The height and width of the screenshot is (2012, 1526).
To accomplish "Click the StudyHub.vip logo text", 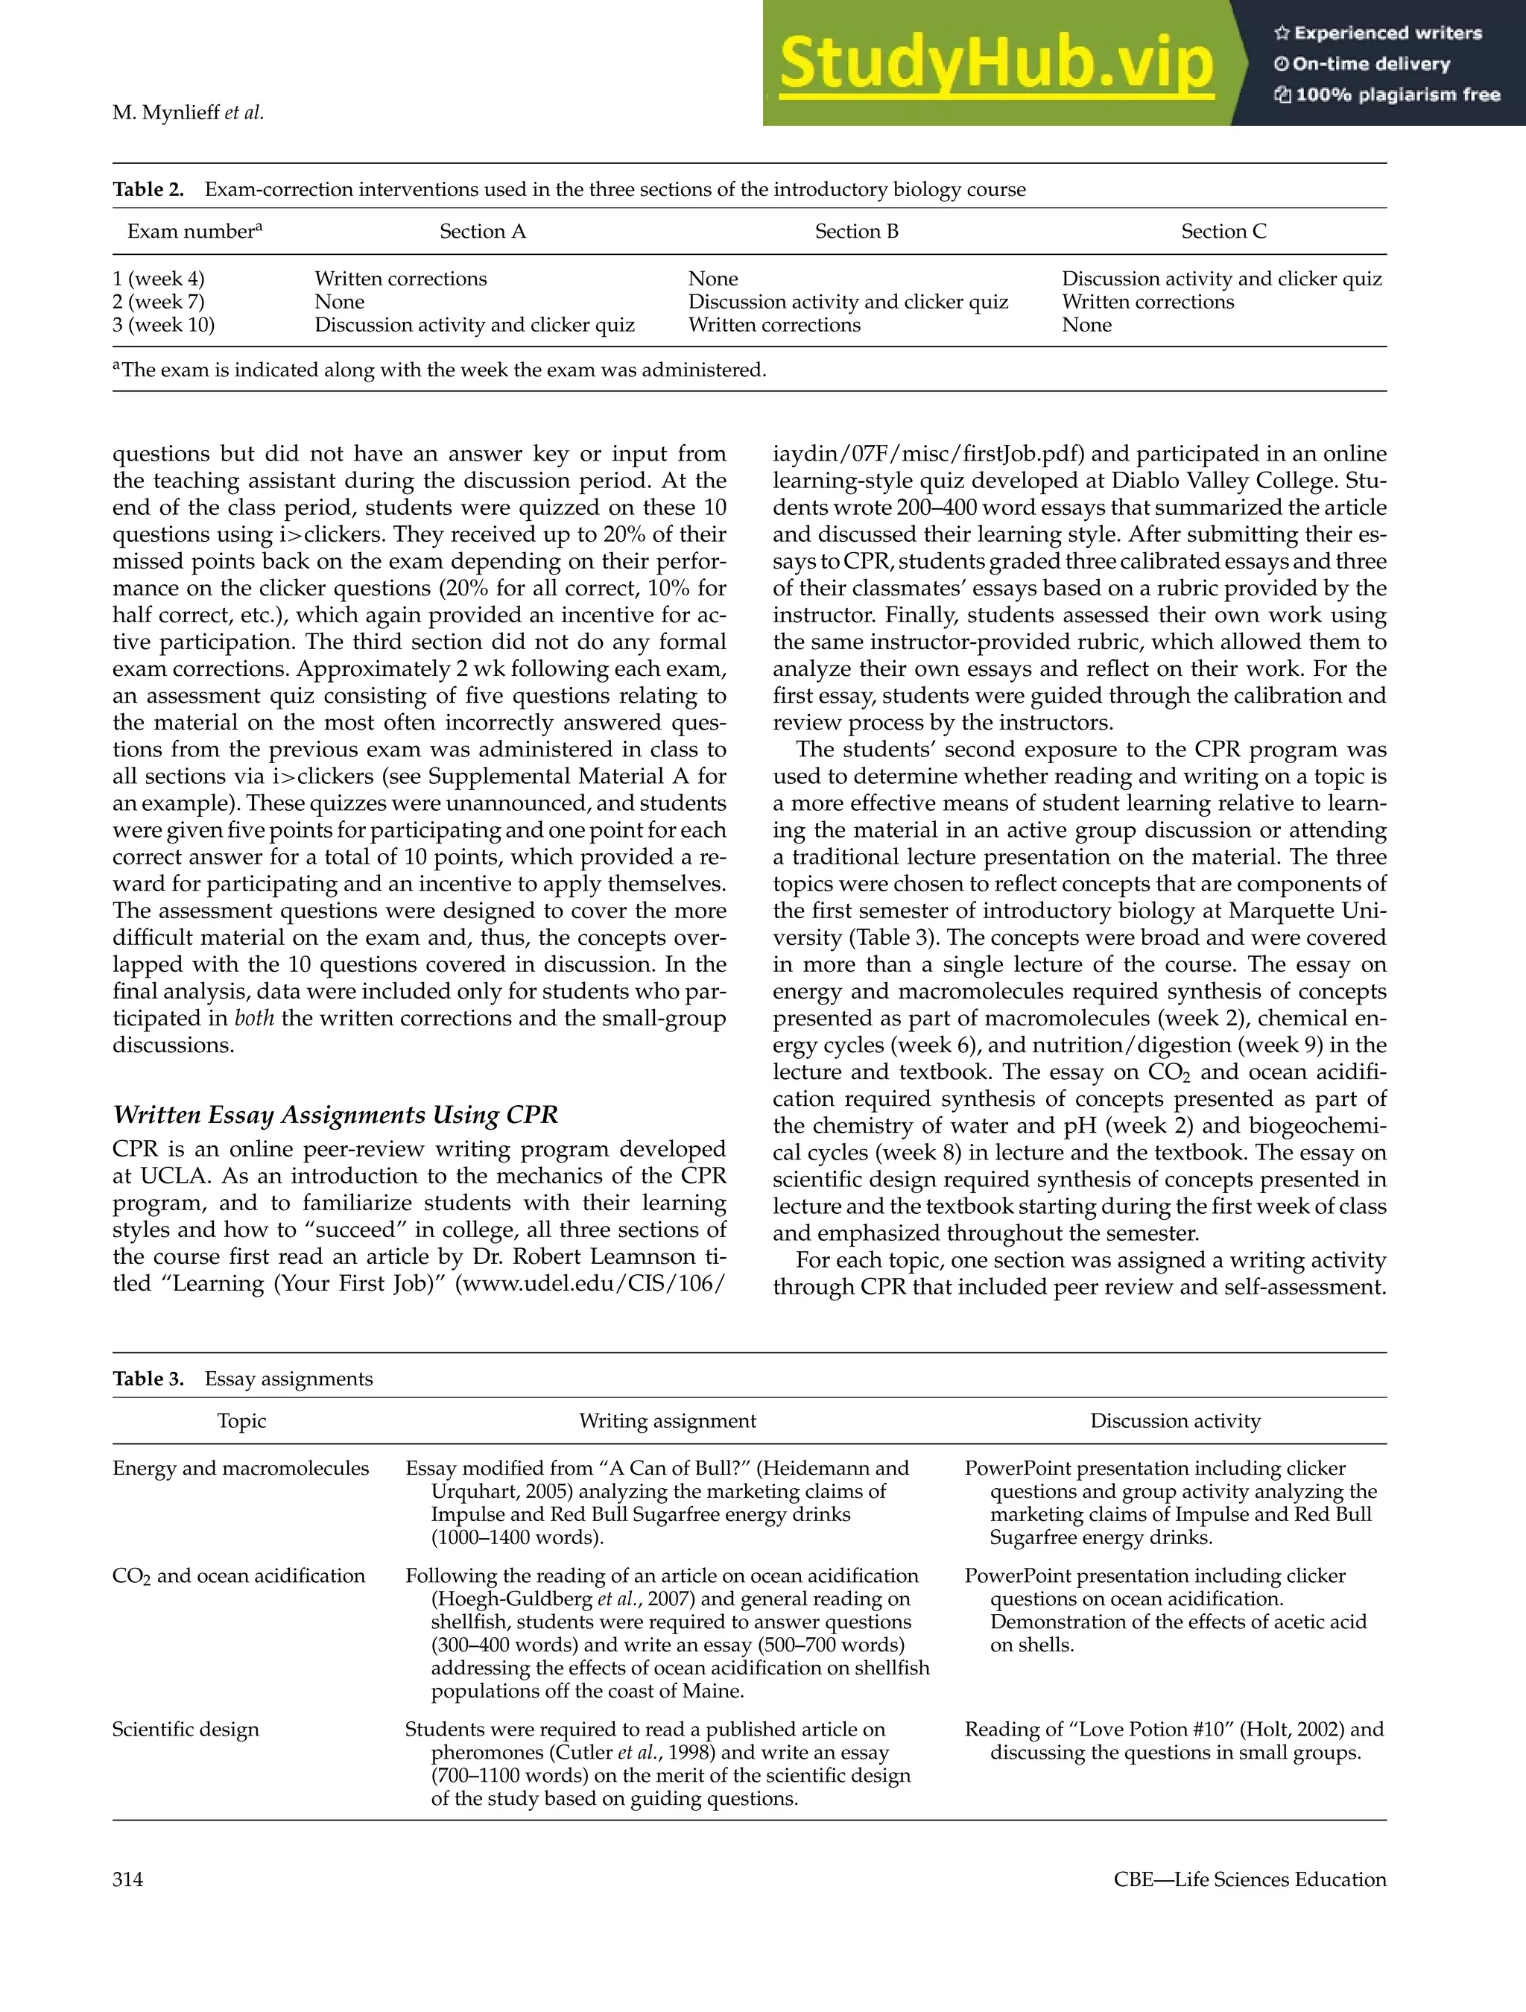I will click(x=995, y=63).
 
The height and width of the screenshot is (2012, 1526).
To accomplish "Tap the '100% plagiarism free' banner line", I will click(x=1387, y=95).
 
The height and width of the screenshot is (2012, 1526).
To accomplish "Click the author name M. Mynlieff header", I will click(x=187, y=113).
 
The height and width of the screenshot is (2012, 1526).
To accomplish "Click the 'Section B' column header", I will click(x=855, y=231).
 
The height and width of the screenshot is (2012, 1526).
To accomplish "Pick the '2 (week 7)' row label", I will click(x=158, y=302).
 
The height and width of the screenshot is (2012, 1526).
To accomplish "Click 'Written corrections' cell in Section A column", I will click(x=400, y=279).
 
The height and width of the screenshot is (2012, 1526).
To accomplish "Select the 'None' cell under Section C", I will click(x=1086, y=326).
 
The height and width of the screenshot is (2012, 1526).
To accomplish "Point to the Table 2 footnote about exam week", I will click(x=440, y=370).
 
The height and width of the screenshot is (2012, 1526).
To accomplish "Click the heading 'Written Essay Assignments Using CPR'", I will click(x=335, y=1115).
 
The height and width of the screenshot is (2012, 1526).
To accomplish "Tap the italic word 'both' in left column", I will click(x=254, y=1019).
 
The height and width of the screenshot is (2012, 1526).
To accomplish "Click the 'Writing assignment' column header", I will click(x=668, y=1421).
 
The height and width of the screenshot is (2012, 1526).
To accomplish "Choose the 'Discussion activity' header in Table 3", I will click(x=1175, y=1421).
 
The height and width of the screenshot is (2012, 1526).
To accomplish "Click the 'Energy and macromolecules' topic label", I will click(x=241, y=1468).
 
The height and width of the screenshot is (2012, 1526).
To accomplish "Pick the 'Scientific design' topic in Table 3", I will click(x=186, y=1729).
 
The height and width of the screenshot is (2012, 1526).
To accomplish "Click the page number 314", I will click(x=128, y=1879).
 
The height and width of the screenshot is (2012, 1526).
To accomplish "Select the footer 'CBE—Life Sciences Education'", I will click(x=1250, y=1879).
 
